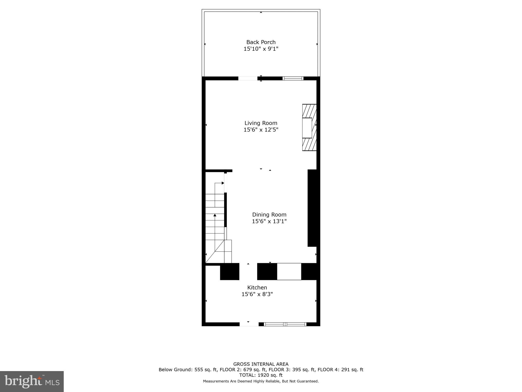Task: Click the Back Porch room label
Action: (261, 42)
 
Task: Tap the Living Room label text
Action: (261, 123)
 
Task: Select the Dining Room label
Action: (269, 215)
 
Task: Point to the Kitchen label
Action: (257, 287)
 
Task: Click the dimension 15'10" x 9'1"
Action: (261, 49)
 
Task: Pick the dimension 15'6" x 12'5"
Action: (261, 130)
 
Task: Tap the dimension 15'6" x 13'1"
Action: (269, 221)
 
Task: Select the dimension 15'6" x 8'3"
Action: (257, 294)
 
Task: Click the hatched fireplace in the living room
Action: (309, 127)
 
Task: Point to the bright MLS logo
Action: (32, 381)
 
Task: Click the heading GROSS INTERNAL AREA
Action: (261, 364)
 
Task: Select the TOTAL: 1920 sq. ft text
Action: (261, 375)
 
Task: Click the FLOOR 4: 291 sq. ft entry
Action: (340, 370)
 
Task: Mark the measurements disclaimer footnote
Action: (261, 381)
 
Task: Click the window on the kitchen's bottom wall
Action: (285, 324)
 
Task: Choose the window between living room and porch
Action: (293, 78)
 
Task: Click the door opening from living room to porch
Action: (248, 78)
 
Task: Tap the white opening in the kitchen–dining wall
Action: (289, 272)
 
